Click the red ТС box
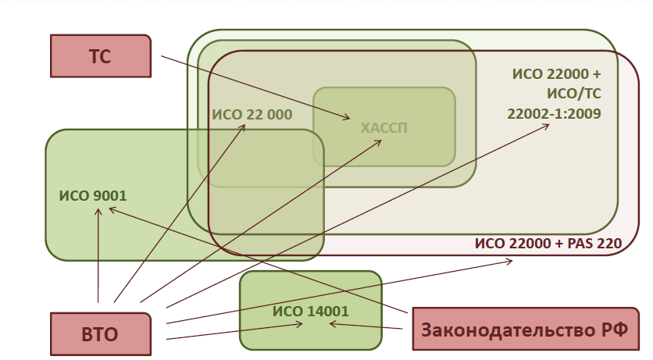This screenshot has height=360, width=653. point(100,56)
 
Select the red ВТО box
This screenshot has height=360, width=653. point(100,335)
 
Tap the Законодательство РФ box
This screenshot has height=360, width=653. point(524,329)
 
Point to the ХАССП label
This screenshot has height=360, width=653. point(384,127)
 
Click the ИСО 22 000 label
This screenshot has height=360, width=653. point(252,115)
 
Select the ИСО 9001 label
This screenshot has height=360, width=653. point(92,195)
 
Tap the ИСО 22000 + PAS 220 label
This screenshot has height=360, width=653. point(548,243)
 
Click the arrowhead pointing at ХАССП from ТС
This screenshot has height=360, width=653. point(347,119)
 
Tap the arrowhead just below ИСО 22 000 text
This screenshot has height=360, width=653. point(244,127)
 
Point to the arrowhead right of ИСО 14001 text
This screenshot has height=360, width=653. point(331,323)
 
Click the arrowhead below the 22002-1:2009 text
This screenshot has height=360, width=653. point(547,127)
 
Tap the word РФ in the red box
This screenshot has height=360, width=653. point(615,329)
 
